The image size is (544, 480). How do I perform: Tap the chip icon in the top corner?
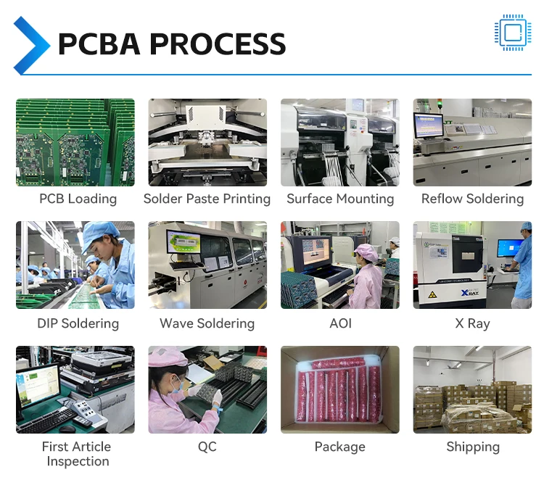(x=512, y=33)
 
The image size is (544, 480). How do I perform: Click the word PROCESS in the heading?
(x=218, y=44)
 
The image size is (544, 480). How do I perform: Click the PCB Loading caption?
(x=78, y=199)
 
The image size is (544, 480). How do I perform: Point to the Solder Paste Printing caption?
(x=207, y=199)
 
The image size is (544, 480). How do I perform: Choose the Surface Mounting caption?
(x=340, y=199)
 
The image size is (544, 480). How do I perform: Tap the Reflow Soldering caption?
(x=472, y=199)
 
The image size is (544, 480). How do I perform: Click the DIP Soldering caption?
(x=78, y=323)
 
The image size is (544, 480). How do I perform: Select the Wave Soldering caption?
(x=207, y=323)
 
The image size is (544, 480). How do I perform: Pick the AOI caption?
(x=340, y=323)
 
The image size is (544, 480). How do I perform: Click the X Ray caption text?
(x=472, y=323)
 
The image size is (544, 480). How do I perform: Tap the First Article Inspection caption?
(x=76, y=454)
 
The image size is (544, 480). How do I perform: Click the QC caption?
(x=207, y=447)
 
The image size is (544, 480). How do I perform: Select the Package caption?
(x=340, y=447)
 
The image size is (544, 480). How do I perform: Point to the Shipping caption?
(x=472, y=447)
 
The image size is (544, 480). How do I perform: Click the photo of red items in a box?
(x=340, y=390)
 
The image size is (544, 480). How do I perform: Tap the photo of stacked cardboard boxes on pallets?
(x=472, y=390)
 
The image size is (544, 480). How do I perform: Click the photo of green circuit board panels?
(x=75, y=142)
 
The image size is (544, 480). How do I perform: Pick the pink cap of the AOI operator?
(x=367, y=252)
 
